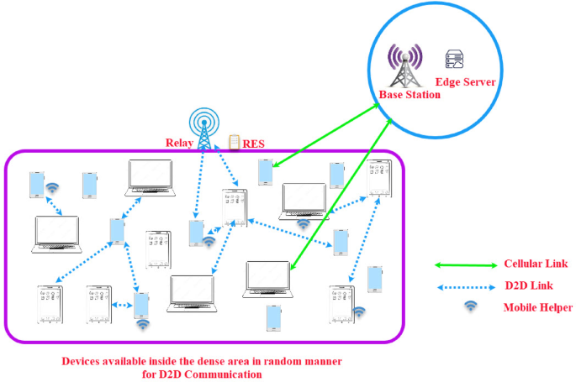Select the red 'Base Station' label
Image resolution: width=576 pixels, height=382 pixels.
click(410, 95)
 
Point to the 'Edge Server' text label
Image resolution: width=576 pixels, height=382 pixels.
click(465, 82)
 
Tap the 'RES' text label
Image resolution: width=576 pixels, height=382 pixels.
click(254, 144)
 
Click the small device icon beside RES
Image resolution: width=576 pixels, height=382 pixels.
click(235, 142)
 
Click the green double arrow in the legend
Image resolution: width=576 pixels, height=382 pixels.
click(465, 265)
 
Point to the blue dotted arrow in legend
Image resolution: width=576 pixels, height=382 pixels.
click(465, 287)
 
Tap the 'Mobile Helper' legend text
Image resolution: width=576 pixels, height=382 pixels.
click(538, 308)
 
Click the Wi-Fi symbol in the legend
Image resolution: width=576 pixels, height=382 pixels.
click(470, 307)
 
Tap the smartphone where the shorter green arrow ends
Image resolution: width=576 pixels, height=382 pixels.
click(266, 172)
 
